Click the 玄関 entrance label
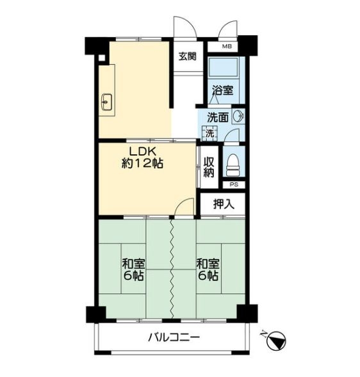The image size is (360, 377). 188,56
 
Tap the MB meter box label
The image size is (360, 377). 227,46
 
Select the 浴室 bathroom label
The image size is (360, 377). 222,90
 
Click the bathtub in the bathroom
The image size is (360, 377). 223,67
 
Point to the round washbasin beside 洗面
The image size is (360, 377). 238,116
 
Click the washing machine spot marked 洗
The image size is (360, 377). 210,134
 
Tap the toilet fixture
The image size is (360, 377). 233,165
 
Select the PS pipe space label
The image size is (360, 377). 234,184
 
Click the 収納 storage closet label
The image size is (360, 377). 208,167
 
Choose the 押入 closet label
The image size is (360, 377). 224,204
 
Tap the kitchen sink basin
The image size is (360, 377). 106,102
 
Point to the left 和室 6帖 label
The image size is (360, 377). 134,269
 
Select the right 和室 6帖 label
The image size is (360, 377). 208,269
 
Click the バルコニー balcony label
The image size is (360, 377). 174,337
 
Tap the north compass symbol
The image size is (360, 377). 276,340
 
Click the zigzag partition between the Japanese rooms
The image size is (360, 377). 172,269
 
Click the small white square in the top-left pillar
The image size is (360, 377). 102,58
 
